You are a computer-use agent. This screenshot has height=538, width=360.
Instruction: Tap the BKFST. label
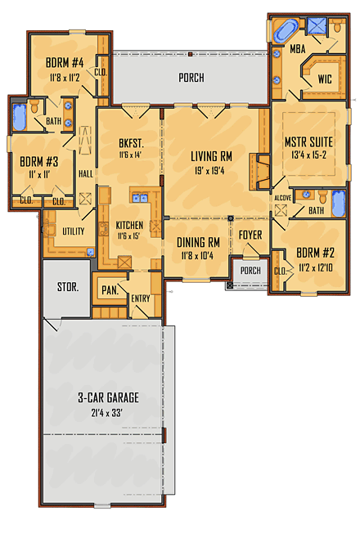click(130, 141)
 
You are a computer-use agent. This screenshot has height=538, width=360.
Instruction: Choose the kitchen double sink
click(137, 197)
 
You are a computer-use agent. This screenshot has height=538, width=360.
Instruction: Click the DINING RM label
click(199, 242)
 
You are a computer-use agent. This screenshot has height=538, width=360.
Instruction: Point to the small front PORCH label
click(250, 271)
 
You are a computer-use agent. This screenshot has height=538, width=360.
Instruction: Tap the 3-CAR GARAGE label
click(108, 397)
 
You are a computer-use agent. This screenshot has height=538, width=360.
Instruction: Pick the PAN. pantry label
click(109, 289)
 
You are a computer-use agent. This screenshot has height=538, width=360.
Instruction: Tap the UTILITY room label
click(74, 231)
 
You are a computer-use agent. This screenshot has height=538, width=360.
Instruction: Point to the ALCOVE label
click(284, 197)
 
